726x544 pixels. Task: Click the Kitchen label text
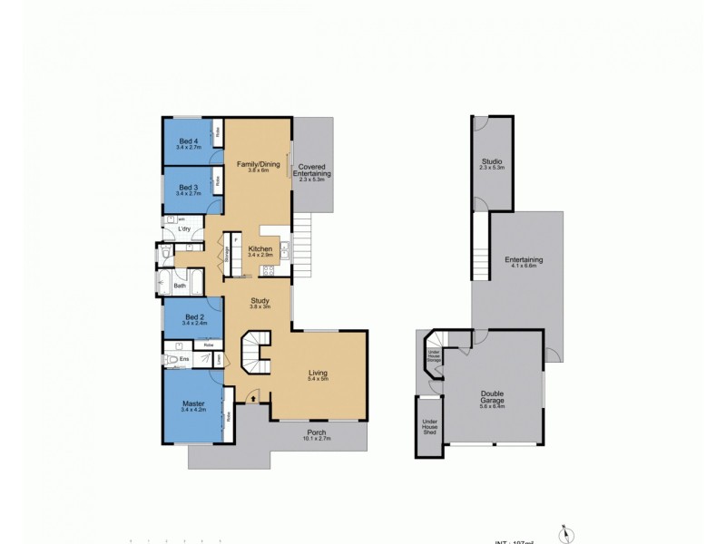261,250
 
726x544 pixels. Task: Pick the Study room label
261,305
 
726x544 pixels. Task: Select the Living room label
318,374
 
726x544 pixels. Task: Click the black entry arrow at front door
253,396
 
